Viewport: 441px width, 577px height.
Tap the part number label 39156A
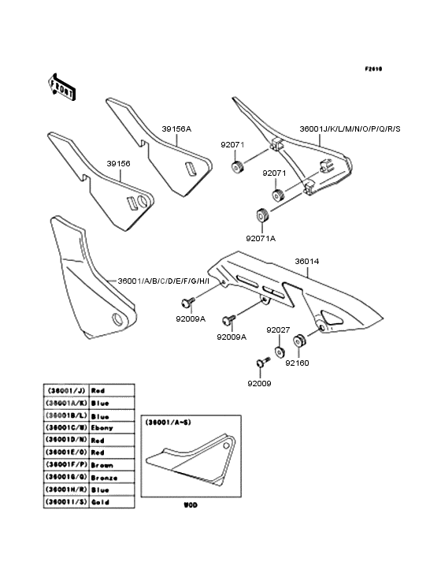[176, 128]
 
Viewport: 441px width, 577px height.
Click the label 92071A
[261, 236]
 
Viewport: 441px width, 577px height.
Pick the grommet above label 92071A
[261, 215]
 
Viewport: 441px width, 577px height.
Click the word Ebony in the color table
[102, 428]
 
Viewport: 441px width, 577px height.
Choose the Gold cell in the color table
[100, 502]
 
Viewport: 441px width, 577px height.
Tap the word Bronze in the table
[104, 478]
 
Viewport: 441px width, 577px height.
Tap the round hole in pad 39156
[141, 202]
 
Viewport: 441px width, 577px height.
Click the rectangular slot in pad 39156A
[189, 167]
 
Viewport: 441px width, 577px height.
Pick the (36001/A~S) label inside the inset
[166, 423]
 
